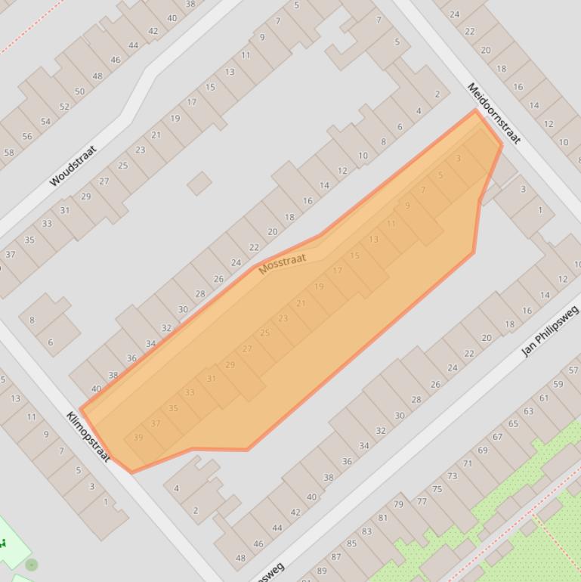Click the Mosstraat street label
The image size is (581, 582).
click(283, 264)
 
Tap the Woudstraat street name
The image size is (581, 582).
click(73, 166)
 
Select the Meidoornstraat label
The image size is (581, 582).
click(494, 113)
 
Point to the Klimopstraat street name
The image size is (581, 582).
click(88, 436)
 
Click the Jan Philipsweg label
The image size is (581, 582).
click(549, 330)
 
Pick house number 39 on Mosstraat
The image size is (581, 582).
click(138, 438)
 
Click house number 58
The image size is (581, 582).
click(9, 153)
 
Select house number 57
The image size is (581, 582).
click(573, 370)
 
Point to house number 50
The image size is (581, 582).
click(79, 91)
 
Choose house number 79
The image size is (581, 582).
click(398, 504)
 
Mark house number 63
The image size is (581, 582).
click(528, 411)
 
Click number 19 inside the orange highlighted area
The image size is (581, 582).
click(319, 286)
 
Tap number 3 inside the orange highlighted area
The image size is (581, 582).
click(458, 159)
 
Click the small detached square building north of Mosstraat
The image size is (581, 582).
click(199, 183)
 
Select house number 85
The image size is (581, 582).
click(351, 543)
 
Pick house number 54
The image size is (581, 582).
click(45, 122)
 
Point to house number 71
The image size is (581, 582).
click(468, 463)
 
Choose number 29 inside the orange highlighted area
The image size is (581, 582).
click(230, 364)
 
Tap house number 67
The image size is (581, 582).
click(497, 437)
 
